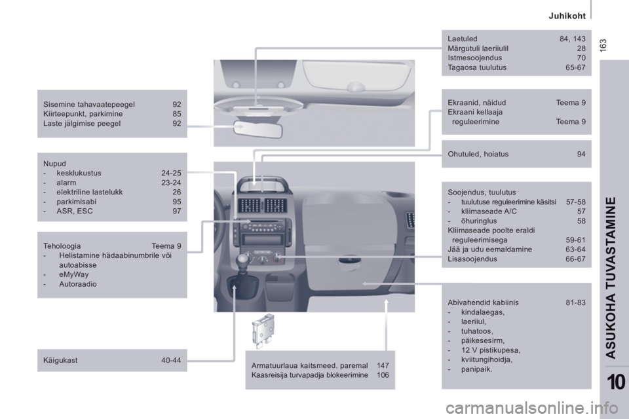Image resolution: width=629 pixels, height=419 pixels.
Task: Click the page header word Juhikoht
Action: coord(567,16)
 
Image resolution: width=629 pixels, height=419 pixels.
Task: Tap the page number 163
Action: coord(603,45)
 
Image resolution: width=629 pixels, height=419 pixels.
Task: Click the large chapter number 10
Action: coord(616,382)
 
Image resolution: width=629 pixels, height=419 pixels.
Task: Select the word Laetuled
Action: coord(463,39)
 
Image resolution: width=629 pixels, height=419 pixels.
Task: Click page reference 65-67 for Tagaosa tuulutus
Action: coord(576,67)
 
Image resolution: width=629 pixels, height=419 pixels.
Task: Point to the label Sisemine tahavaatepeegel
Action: coord(89,104)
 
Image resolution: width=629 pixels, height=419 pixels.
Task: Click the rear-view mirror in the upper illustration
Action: coord(258,130)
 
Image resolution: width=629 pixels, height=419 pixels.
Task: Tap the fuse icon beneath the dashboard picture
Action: coord(263,331)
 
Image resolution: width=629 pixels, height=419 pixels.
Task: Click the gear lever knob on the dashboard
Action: coord(244,261)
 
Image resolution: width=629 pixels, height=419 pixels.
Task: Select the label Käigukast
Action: coord(60,361)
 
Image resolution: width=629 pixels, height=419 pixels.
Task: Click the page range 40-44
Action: coord(171,361)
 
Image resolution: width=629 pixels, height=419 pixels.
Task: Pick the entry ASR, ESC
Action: coord(75,211)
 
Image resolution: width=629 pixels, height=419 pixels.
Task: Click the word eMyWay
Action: coord(74,275)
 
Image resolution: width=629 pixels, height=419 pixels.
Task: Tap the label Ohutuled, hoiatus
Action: coord(478,154)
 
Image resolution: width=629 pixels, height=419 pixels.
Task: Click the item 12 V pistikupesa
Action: coord(491,350)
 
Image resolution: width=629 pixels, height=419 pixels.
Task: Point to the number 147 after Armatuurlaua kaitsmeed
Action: coord(383,365)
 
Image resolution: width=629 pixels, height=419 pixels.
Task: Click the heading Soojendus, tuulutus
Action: coord(482,192)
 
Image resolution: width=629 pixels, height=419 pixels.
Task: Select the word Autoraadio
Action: coord(78,284)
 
